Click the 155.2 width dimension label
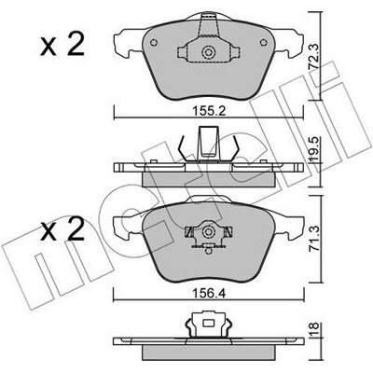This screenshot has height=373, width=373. point(208,111)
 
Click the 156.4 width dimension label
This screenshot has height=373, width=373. point(209,294)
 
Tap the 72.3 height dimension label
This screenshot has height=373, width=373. point(313,56)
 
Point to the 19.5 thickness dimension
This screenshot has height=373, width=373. point(313,151)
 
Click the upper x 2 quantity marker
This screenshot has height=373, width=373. point(62,45)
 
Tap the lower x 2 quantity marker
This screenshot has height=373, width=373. point(62,229)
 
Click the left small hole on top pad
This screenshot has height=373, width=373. point(153,43)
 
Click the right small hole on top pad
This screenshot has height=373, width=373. point(264,43)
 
